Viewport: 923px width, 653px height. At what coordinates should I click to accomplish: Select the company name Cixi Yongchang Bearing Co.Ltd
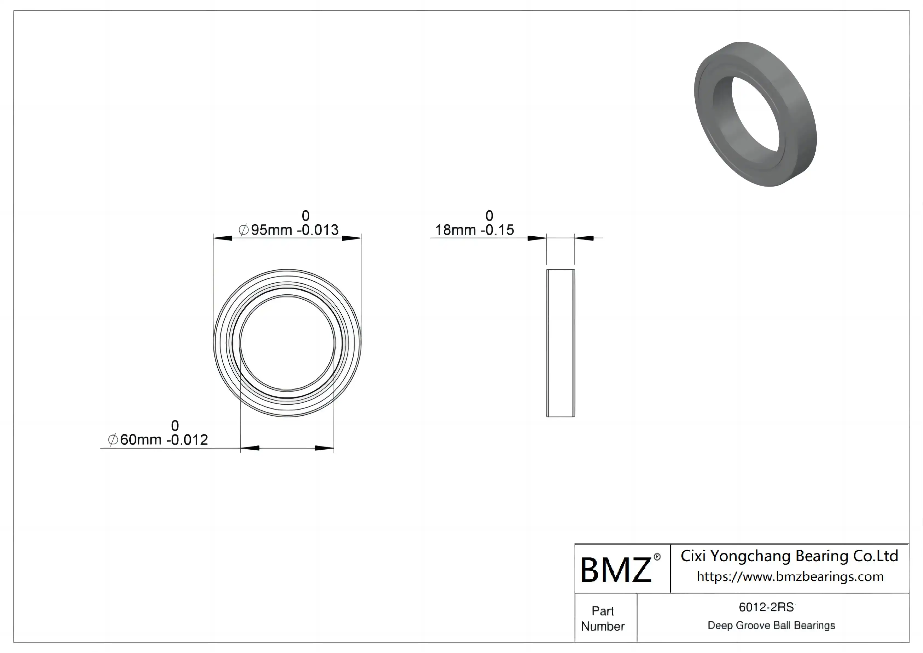tap(789, 556)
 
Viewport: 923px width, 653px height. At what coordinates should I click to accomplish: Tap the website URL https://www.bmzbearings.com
tap(790, 577)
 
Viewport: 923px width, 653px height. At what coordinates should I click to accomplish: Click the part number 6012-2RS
tap(766, 607)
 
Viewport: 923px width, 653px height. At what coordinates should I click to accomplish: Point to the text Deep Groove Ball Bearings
tap(771, 625)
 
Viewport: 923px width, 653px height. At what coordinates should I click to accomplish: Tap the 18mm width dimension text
tap(455, 230)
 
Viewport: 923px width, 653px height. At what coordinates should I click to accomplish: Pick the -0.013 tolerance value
tap(318, 230)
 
